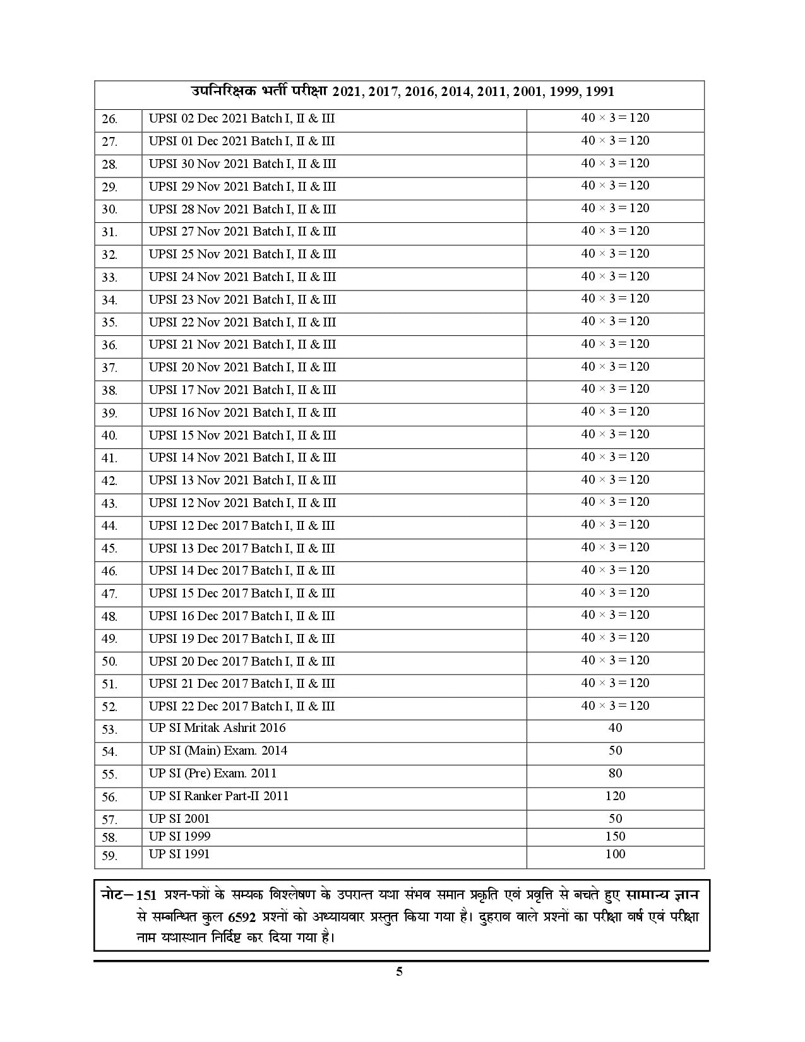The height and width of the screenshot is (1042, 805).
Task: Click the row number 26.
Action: (110, 119)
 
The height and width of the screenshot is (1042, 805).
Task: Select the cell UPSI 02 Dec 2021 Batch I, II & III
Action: (242, 119)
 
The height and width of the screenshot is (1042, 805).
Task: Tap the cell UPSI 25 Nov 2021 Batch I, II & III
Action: (242, 255)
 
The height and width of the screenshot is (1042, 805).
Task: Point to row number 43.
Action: (110, 504)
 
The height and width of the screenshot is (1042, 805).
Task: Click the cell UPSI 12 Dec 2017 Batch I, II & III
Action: (242, 526)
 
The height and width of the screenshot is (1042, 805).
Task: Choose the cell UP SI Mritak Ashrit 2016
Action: (217, 728)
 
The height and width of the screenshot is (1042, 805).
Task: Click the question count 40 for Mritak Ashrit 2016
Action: (615, 728)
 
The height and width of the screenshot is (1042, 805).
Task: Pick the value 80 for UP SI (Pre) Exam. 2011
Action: (615, 774)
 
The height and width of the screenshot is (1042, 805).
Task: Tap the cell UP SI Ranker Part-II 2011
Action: (218, 796)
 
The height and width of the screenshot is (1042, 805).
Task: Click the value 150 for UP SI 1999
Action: (615, 837)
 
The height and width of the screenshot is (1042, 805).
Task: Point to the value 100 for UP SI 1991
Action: (615, 854)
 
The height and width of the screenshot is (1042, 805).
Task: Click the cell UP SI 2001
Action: (179, 819)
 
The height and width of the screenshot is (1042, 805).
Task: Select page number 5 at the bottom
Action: (399, 971)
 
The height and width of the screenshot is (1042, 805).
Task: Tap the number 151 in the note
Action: (146, 897)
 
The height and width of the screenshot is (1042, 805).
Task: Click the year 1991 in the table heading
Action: (600, 92)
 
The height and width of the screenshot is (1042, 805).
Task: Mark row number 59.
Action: (110, 856)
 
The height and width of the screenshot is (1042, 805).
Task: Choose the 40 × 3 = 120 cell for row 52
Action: (615, 706)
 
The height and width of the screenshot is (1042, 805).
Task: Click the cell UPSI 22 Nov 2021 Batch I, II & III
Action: (242, 323)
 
